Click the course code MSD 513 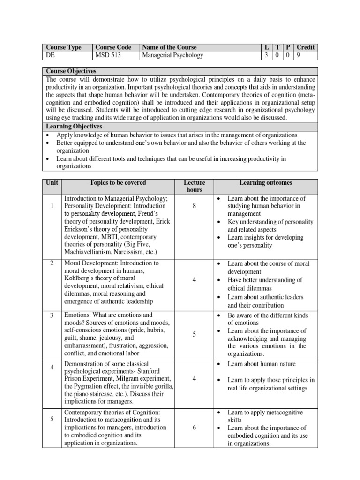point(107,55)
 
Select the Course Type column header point(63,47)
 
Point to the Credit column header point(306,47)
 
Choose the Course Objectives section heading point(71,71)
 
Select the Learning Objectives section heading point(74,127)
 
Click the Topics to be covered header point(118,182)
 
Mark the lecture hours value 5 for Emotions point(194,334)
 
